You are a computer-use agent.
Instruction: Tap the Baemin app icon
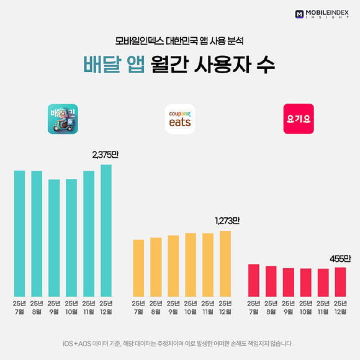point(63,119)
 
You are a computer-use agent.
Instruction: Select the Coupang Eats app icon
point(180,119)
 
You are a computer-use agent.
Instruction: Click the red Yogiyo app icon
point(299,119)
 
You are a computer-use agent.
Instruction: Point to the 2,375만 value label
point(105,155)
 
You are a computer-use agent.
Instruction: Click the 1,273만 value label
point(227,221)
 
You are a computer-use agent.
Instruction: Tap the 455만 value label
point(340,258)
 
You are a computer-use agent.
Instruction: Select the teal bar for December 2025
point(106,230)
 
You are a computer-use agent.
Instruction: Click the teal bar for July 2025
point(19,233)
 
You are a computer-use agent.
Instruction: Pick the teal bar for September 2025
point(54,237)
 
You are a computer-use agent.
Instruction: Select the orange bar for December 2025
point(225,263)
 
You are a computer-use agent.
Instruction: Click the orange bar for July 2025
point(138,268)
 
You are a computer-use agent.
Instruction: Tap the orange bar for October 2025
point(191,264)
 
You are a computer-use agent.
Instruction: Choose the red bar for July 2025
point(253,280)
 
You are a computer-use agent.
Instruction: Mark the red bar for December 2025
point(340,281)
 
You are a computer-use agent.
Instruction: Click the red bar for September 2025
point(288,282)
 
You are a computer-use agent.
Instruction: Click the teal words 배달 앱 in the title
point(115,66)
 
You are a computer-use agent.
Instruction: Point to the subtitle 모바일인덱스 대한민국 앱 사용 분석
point(179,42)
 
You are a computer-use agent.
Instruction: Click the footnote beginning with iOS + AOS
point(179,343)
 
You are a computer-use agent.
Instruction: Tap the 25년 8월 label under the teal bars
point(37,307)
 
